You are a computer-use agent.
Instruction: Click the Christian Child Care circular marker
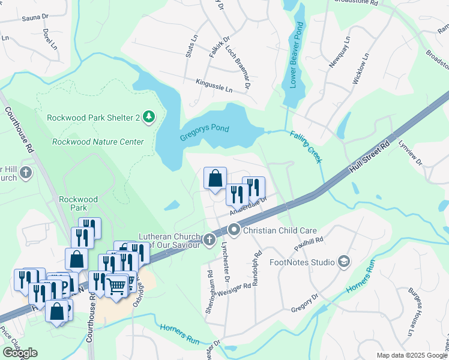(x=234, y=230)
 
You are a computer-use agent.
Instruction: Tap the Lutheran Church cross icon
(x=209, y=240)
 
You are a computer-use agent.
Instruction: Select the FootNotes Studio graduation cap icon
(x=343, y=262)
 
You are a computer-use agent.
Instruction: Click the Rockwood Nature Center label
(x=98, y=142)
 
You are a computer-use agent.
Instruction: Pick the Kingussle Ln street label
(x=214, y=85)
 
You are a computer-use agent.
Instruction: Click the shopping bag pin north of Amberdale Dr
(x=215, y=178)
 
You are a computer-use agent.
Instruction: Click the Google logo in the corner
(x=20, y=353)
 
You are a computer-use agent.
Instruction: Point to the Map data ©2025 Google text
(x=411, y=355)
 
